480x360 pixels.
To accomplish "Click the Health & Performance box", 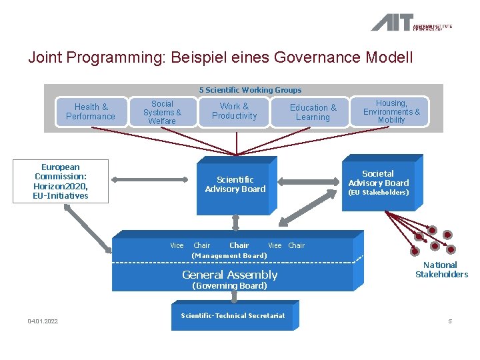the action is (91, 111).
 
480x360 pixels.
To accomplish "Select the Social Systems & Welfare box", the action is (162, 113).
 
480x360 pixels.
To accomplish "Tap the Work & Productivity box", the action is (234, 111).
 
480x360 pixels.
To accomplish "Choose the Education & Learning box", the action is (313, 112).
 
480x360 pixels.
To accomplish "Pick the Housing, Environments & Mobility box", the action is (391, 111).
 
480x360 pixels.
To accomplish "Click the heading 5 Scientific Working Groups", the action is (250, 90).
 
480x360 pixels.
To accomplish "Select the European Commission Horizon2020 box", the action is (60, 181).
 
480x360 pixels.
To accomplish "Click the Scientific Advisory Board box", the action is (235, 184).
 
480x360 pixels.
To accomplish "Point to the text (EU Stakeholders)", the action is (379, 193).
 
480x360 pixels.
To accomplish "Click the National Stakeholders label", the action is (441, 269).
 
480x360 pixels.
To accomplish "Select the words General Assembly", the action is (229, 275).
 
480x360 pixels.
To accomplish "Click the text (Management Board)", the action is (229, 256).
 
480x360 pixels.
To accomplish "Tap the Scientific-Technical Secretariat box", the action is (233, 315).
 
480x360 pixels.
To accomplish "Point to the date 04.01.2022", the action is (43, 321).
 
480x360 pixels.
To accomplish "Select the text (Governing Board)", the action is (229, 286).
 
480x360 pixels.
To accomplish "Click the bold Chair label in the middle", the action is (239, 245).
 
